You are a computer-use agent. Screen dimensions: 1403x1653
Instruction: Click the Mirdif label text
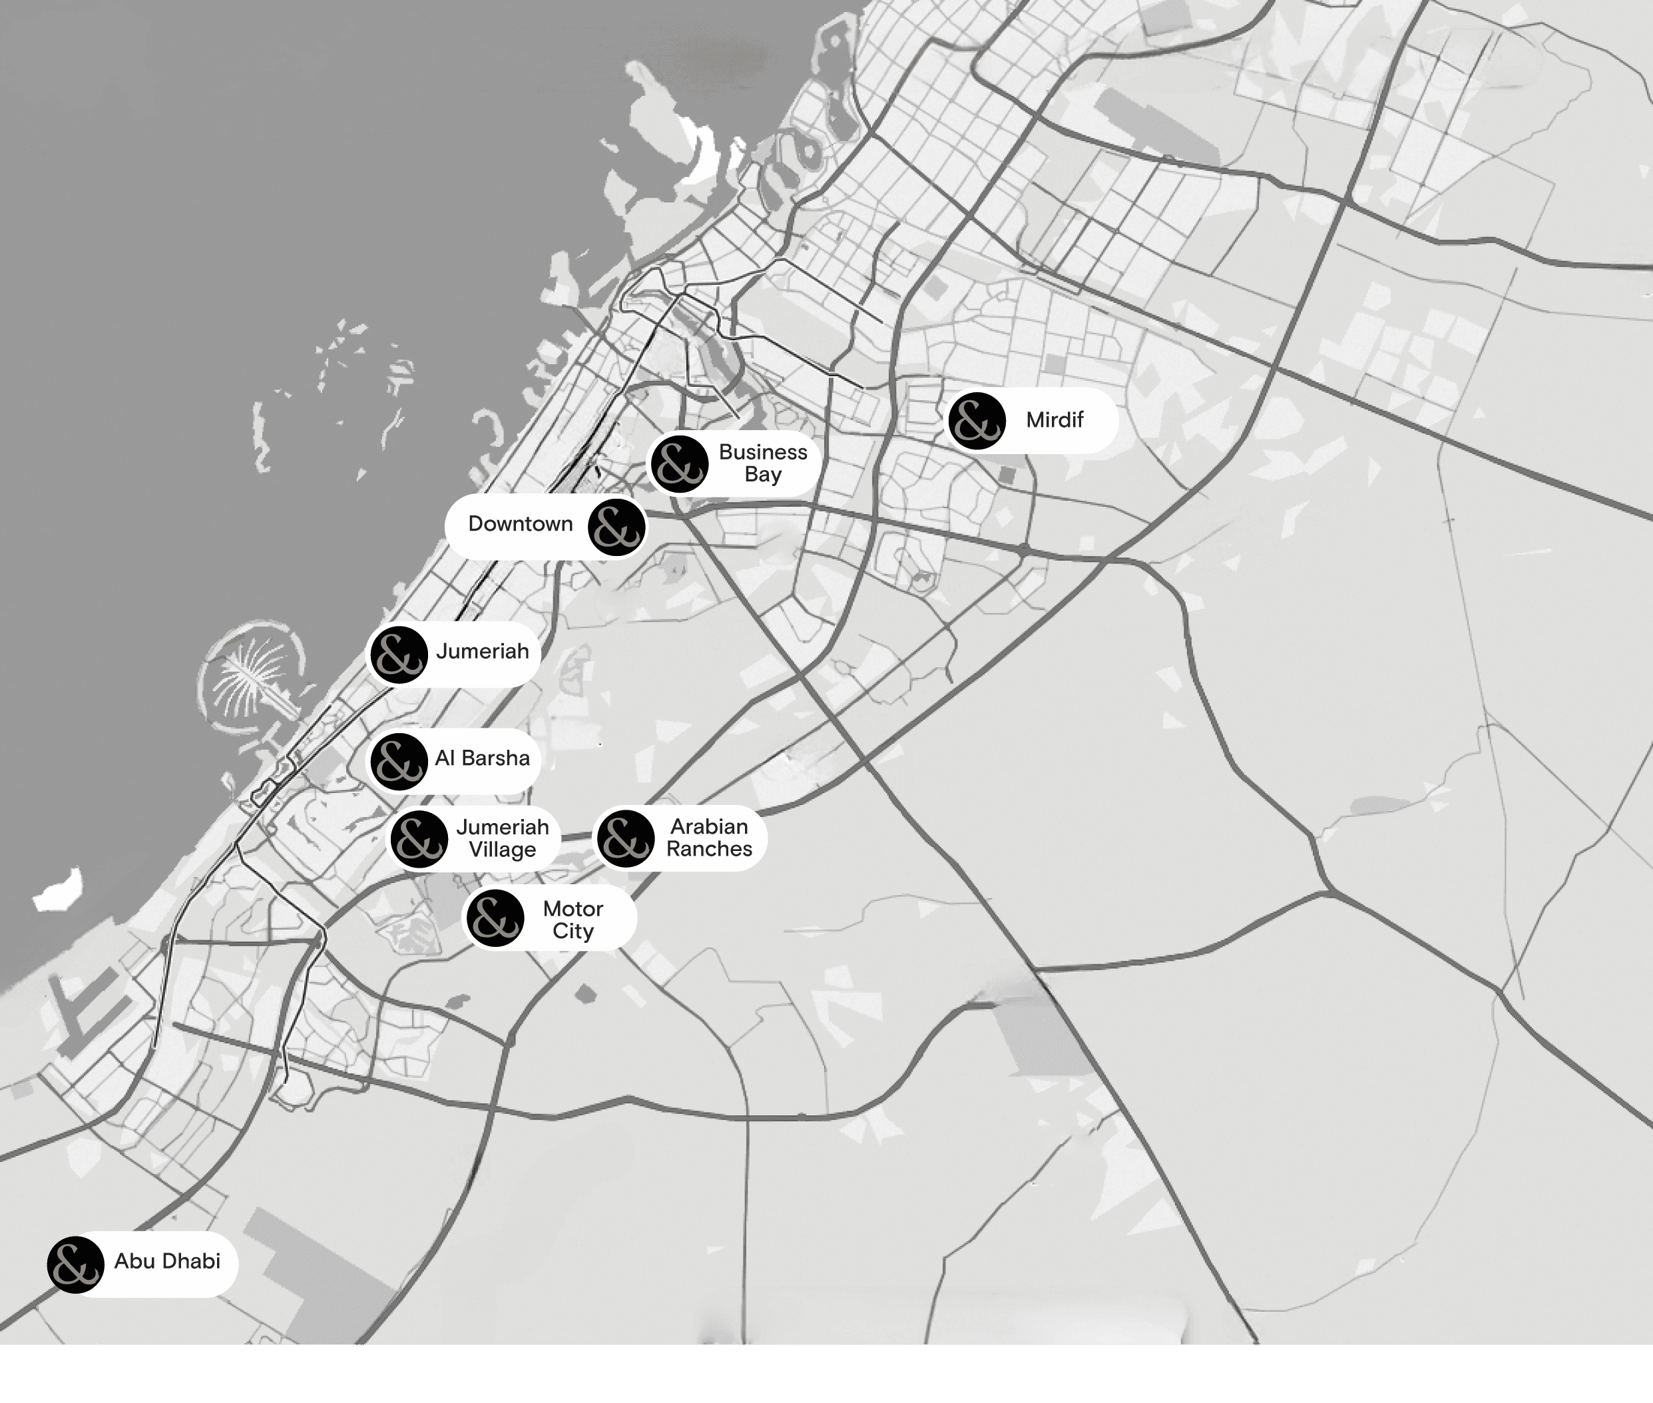pyautogui.click(x=1055, y=420)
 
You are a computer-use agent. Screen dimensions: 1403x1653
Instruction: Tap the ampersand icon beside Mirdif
pyautogui.click(x=977, y=421)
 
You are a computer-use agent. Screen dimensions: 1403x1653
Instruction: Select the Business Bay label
pyautogui.click(x=762, y=463)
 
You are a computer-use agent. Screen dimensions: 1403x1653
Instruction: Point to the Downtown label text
pyautogui.click(x=520, y=524)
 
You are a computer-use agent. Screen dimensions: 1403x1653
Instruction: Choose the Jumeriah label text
pyautogui.click(x=482, y=651)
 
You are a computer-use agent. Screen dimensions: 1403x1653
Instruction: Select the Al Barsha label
pyautogui.click(x=482, y=758)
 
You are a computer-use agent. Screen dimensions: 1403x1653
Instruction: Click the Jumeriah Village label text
pyautogui.click(x=502, y=838)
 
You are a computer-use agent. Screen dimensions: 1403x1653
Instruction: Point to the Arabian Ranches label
pyautogui.click(x=708, y=838)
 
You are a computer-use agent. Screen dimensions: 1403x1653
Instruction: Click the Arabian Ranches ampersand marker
pyautogui.click(x=626, y=839)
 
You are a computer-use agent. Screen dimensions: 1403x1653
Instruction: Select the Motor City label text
pyautogui.click(x=573, y=920)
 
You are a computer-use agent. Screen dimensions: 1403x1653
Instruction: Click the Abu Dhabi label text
pyautogui.click(x=167, y=1261)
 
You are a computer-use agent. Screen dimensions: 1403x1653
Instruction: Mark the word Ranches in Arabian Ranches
pyautogui.click(x=708, y=850)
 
